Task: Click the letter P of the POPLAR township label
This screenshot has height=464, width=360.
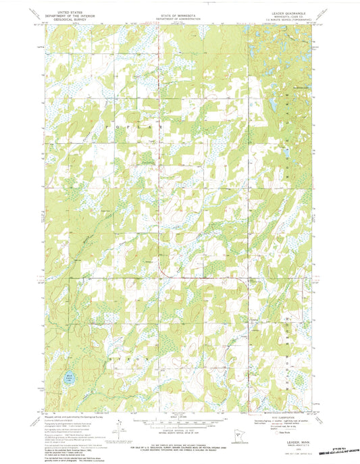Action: (x=106, y=126)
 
